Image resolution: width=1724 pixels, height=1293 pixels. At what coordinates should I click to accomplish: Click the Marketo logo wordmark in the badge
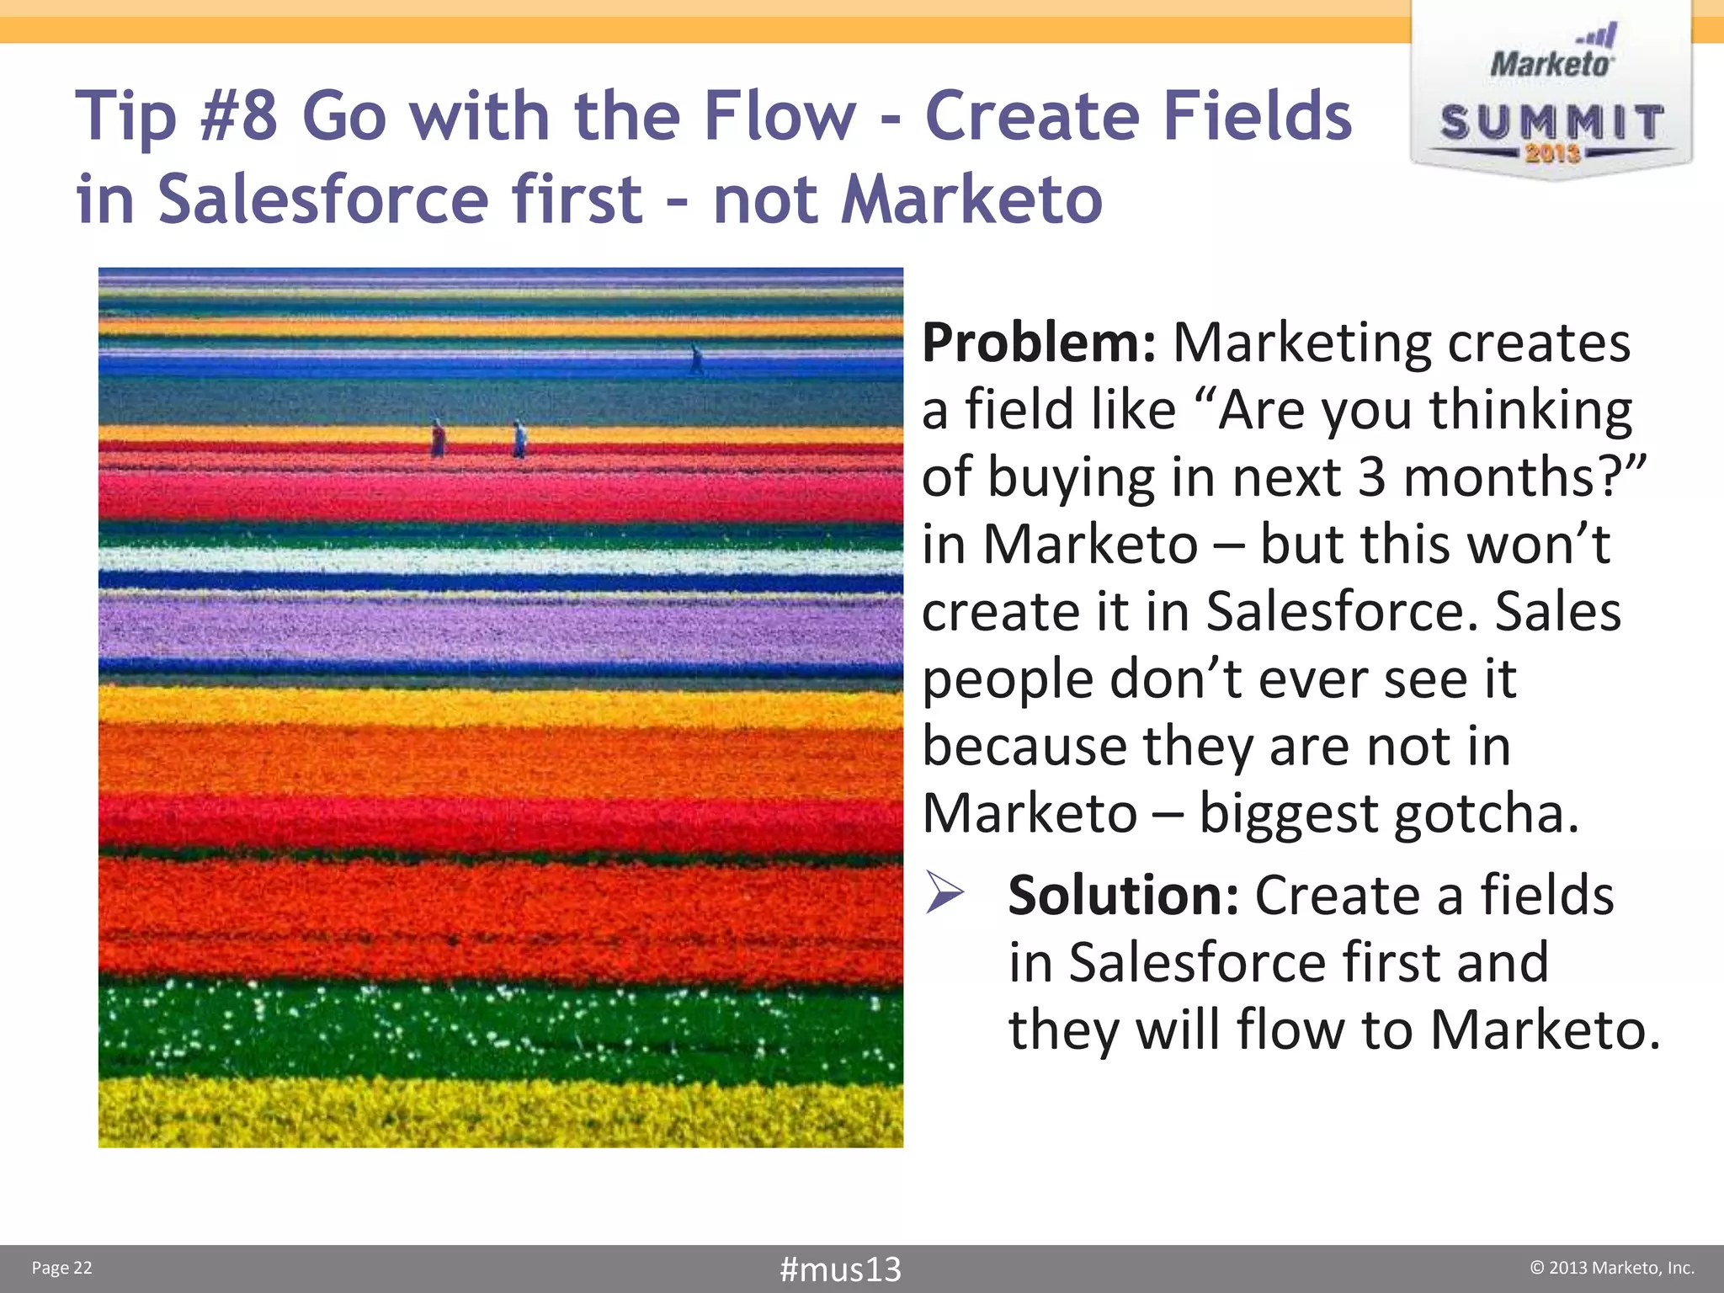[1551, 64]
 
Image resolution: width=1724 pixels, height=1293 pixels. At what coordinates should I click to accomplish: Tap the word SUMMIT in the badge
[1551, 123]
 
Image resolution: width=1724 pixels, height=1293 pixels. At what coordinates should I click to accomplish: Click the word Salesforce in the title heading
[323, 200]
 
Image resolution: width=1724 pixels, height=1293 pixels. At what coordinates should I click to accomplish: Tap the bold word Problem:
[1038, 343]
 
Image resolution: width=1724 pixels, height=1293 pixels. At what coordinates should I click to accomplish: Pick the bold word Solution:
[1123, 895]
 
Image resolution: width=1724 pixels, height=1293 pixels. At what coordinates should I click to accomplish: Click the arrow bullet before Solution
[944, 893]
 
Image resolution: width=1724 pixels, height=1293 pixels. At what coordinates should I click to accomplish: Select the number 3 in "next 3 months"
[1370, 477]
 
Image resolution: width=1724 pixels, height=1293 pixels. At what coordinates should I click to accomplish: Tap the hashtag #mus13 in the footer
[840, 1269]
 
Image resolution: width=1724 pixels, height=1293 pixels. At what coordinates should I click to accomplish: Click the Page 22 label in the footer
[61, 1268]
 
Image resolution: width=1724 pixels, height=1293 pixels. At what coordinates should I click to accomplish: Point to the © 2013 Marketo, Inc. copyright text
[1611, 1268]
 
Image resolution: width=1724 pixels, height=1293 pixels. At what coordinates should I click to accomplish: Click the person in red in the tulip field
[438, 439]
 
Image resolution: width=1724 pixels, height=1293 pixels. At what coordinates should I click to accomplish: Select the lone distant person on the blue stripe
[696, 359]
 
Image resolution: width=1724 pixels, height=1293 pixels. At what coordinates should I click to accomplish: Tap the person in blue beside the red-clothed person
[519, 439]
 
